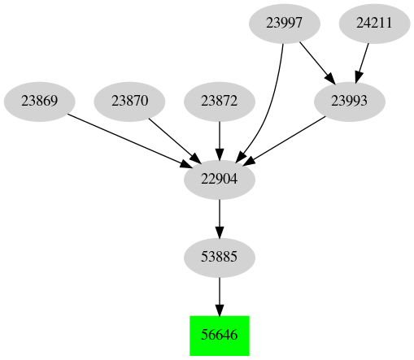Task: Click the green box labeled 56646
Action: click(x=219, y=335)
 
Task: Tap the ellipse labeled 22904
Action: click(x=219, y=180)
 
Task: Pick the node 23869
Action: click(x=39, y=102)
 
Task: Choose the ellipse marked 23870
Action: click(x=129, y=102)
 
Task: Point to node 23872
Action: click(x=219, y=102)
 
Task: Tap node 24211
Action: click(x=374, y=24)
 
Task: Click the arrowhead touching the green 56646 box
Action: click(x=219, y=308)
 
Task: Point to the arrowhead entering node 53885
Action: click(x=219, y=232)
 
